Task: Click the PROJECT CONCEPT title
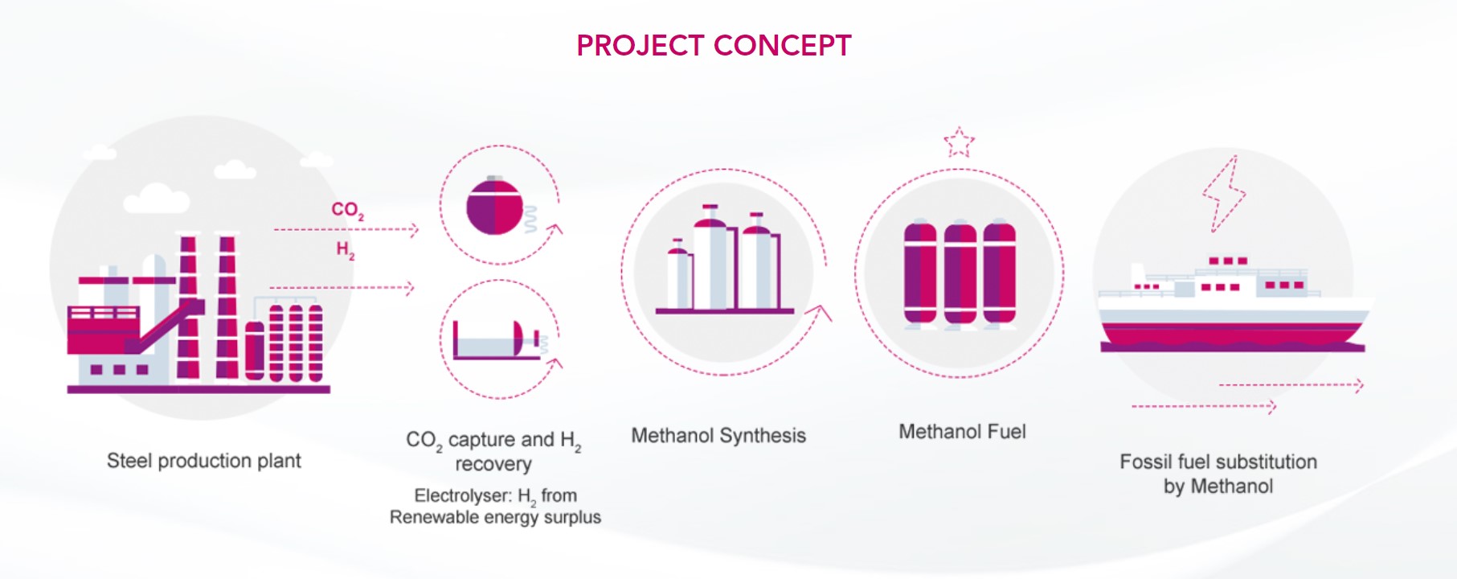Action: tap(714, 46)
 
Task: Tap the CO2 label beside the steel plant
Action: tap(348, 211)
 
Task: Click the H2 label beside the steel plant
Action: tap(346, 250)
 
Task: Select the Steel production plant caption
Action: tap(204, 461)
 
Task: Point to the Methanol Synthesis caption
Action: tap(718, 436)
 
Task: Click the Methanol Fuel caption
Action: tap(962, 432)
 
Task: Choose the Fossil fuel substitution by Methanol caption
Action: tap(1218, 474)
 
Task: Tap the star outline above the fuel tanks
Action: tap(959, 142)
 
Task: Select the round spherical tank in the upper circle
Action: tap(494, 206)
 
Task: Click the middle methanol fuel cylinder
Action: tap(960, 273)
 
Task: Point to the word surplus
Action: tap(572, 517)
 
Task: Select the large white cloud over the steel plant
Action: tap(157, 199)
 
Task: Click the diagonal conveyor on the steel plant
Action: tap(165, 326)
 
